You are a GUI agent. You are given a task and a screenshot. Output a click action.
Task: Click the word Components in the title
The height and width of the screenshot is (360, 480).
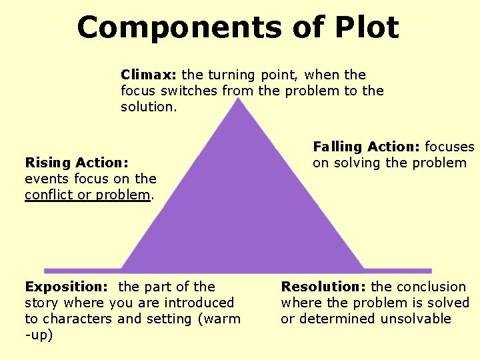click(151, 28)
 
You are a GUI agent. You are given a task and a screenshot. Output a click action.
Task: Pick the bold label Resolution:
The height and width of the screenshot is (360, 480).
click(323, 287)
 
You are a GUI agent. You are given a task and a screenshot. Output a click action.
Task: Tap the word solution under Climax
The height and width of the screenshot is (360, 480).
click(147, 107)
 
